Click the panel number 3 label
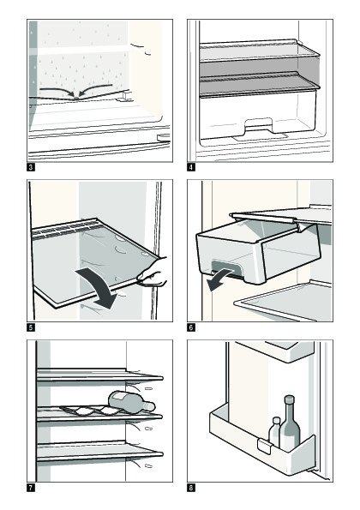pos(31,167)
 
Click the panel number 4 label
pos(191,167)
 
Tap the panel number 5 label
pos(31,327)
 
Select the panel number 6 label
pos(191,327)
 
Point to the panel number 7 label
pos(31,488)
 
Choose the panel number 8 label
pos(191,488)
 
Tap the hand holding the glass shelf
pos(153,273)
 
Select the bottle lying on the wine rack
pos(131,403)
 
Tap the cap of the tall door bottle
pos(289,399)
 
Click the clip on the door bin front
pos(264,447)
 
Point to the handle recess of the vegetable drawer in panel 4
pos(259,125)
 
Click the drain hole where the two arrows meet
pos(76,98)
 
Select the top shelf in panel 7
pos(99,375)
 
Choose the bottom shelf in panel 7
pos(99,452)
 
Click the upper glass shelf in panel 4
pos(259,51)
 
